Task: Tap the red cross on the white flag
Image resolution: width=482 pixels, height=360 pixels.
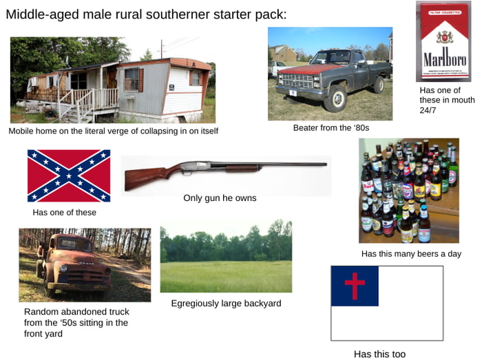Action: click(x=355, y=285)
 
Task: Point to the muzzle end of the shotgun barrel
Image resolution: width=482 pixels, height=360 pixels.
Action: click(x=325, y=164)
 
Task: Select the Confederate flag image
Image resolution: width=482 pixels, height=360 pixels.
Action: click(x=69, y=176)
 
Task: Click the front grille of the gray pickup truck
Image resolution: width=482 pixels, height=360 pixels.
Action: click(x=298, y=81)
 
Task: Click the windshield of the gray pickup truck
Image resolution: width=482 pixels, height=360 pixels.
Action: click(x=331, y=57)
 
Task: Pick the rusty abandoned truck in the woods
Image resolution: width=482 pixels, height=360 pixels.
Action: click(x=76, y=265)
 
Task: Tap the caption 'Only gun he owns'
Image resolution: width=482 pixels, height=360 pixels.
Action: click(x=220, y=198)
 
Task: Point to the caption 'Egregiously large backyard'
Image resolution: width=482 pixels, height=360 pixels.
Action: click(x=226, y=304)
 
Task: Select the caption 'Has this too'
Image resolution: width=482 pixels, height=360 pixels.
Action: click(x=379, y=354)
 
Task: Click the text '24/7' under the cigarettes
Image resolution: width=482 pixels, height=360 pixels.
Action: click(x=429, y=110)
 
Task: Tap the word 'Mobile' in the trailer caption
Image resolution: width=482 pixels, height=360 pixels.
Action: click(x=21, y=131)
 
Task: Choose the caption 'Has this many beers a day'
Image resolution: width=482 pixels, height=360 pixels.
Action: click(x=411, y=254)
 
